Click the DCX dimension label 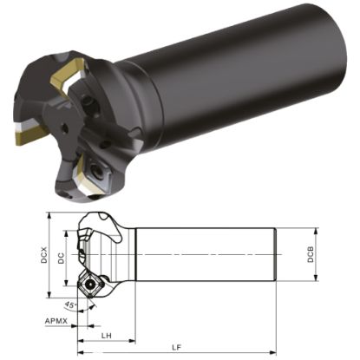pos(43,256)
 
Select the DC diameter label pos(61,258)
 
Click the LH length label pos(105,335)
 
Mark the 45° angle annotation pos(69,304)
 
